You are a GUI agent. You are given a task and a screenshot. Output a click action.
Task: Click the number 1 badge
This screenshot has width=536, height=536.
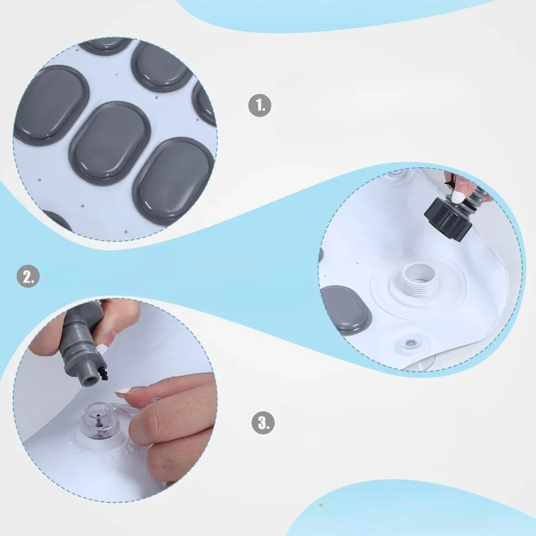(x=260, y=105)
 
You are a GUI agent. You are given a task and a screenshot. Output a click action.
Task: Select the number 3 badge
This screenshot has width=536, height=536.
(x=263, y=423)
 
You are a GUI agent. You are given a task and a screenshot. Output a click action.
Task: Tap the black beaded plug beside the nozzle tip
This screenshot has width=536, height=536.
(x=102, y=371)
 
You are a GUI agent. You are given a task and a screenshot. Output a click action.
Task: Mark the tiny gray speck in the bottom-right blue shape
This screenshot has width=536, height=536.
(x=321, y=505)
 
